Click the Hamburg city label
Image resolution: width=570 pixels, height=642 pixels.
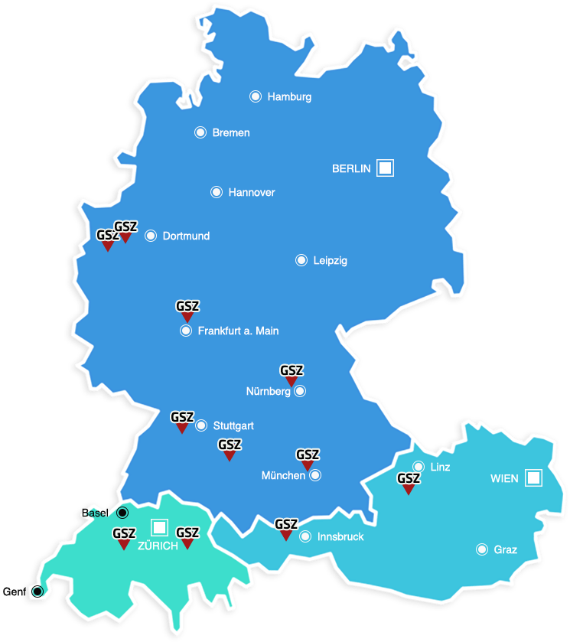coord(289,97)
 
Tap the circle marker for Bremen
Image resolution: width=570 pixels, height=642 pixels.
coord(200,132)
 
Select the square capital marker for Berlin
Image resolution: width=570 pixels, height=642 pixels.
coord(385,168)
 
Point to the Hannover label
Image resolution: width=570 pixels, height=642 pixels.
coord(252,192)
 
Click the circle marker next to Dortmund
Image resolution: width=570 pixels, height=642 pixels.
coord(151,236)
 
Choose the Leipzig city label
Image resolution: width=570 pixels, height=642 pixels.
coord(331,260)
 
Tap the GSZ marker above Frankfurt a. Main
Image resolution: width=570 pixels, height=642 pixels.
coord(187,310)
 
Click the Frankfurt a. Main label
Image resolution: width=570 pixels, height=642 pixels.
coord(238,331)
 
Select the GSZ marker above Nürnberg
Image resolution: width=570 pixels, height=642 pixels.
coord(292,374)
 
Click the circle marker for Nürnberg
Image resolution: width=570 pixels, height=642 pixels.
coord(300,391)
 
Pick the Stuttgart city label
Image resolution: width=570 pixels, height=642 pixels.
coord(233,425)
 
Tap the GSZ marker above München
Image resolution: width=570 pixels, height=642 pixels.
coord(308,458)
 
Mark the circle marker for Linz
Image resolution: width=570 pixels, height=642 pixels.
coord(419,467)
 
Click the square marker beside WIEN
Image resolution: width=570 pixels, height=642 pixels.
coord(533,478)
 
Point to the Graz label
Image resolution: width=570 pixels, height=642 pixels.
coord(506,549)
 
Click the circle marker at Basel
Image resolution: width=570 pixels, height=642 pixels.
coord(122,513)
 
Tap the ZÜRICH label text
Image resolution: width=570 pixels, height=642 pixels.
coord(158,546)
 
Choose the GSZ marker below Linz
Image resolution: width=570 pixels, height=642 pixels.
coord(409,483)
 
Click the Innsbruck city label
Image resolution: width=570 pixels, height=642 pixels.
coord(341,537)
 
